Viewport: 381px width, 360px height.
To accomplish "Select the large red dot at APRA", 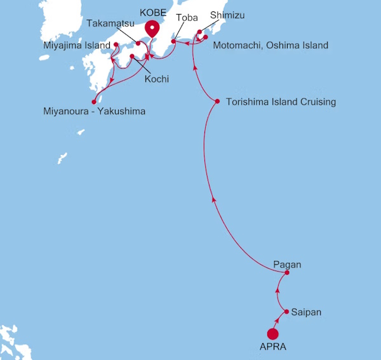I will coord(273,334).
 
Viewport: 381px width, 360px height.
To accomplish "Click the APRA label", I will coord(272,348).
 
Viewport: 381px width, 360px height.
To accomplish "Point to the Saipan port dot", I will coord(287,312).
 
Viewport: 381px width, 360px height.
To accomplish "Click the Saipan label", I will coord(307,312).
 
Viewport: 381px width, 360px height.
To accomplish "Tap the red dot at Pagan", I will coord(287,273).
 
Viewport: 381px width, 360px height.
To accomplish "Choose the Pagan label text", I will coord(286,263).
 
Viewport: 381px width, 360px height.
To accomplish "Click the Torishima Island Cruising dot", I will coord(218,101).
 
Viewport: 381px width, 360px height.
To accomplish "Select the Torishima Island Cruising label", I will coord(281,102).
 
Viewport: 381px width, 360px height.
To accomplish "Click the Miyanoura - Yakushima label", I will coord(93,112).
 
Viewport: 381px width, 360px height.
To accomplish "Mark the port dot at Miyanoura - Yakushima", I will coord(94,101).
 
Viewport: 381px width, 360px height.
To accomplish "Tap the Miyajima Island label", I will coord(76,45).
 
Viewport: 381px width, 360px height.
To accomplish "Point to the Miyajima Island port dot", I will coord(116,45).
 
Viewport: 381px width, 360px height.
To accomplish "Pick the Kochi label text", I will coord(156,79).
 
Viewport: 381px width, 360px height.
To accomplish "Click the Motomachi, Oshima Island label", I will coord(271,45).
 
